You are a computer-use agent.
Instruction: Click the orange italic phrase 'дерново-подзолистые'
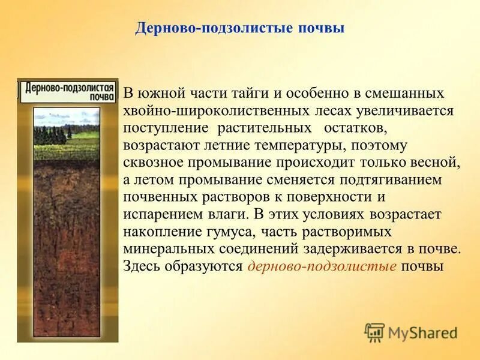[x=322, y=266]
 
